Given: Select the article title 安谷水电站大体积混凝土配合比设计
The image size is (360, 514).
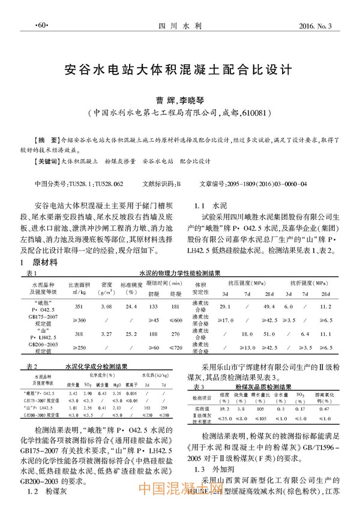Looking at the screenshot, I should tap(179, 69).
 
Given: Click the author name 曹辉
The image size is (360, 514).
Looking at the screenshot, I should tap(162, 100).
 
